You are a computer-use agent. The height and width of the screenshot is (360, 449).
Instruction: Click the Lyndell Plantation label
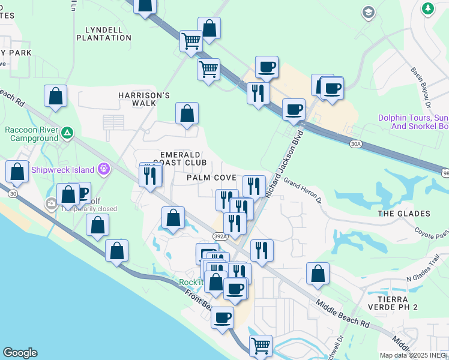coord(104,34)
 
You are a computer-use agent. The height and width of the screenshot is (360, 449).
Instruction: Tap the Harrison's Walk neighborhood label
coord(144,100)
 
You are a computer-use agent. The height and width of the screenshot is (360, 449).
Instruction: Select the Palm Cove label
coord(211,178)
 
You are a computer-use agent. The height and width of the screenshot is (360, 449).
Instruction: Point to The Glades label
coord(404,214)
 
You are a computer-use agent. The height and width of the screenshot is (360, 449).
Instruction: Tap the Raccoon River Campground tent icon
coord(67,131)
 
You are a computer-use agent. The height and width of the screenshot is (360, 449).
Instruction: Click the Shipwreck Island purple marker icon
coord(104,170)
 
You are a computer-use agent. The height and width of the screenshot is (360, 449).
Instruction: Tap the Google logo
coord(20,353)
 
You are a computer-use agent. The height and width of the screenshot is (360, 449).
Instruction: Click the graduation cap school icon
coord(368,12)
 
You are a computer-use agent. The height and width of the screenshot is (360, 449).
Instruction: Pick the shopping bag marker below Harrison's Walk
coord(187,113)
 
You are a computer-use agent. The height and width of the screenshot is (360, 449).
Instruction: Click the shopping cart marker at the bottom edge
coord(261,345)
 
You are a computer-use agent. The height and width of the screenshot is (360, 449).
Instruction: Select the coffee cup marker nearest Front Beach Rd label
coord(222,317)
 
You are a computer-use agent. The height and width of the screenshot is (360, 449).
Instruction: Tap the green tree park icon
coord(427,8)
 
